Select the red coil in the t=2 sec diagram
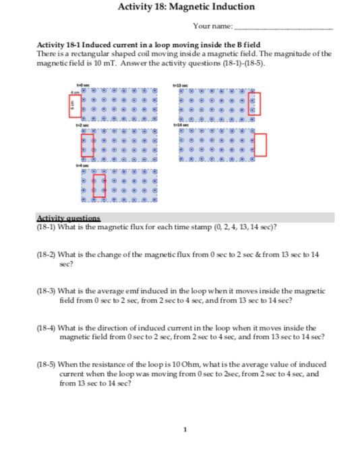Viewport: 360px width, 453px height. coord(87,145)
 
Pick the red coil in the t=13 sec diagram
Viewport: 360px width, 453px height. coord(254,104)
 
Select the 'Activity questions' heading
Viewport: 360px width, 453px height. coord(68,218)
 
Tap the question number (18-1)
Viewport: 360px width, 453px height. coord(46,227)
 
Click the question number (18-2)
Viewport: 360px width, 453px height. coord(46,256)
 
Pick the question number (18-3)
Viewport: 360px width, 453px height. coord(46,291)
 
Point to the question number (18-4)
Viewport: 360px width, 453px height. coord(46,328)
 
